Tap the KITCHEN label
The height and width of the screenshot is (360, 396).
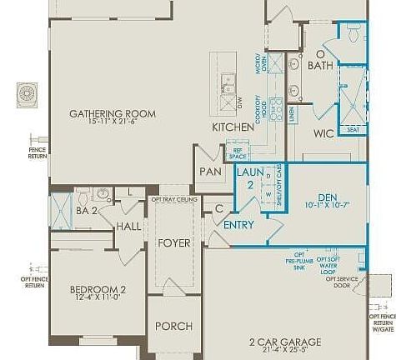coord(233,127)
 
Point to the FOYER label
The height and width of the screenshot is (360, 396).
coord(174,243)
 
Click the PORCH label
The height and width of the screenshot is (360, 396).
coord(174,326)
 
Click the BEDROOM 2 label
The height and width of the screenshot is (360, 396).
coord(98,289)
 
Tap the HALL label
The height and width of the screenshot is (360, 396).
coord(129,226)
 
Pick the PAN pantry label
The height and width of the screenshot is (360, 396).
coord(208,172)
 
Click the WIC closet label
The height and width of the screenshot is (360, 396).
coord(323,133)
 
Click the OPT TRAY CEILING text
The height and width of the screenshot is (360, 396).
coord(174,200)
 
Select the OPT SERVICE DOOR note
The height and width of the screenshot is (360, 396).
coord(342,281)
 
